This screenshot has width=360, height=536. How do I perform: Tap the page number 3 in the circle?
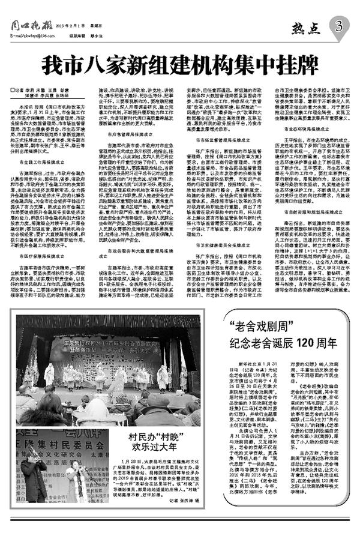(340, 26)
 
